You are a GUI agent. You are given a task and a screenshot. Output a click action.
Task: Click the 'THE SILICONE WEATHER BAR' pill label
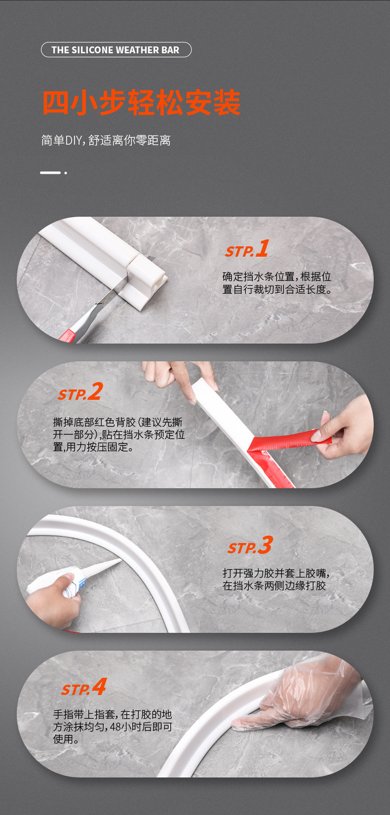[116, 50]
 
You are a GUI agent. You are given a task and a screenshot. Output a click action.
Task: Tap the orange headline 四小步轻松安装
[141, 102]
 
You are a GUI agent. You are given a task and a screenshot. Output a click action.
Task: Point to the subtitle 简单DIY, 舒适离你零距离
[106, 140]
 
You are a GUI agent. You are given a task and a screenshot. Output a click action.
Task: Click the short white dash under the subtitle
[50, 172]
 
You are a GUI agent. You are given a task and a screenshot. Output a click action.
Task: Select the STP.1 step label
[247, 249]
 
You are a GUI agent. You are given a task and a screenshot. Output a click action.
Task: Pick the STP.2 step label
[81, 392]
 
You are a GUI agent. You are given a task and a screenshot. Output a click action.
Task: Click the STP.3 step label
[250, 545]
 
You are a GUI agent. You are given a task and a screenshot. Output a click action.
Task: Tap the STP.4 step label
[84, 687]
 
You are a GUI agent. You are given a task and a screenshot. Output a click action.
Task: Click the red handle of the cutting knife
[67, 335]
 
